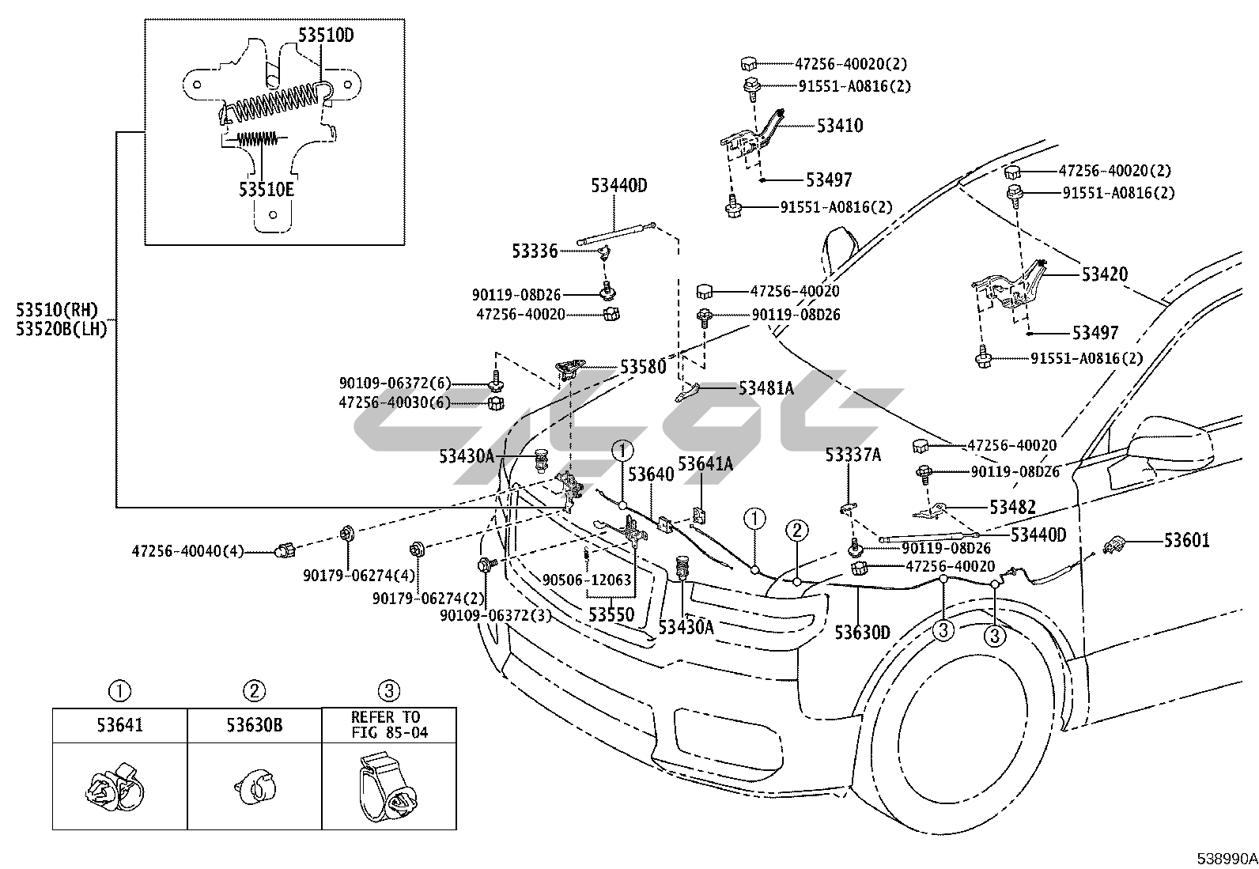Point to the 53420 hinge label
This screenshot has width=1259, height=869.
(x=1105, y=275)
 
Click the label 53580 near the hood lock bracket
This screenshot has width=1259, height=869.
(x=643, y=367)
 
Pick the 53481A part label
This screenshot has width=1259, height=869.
(x=766, y=388)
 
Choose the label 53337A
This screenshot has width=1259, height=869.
(x=853, y=455)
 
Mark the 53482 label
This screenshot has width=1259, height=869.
(x=1012, y=508)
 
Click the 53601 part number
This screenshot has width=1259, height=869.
(x=1187, y=541)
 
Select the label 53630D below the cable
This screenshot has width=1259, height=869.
(x=863, y=633)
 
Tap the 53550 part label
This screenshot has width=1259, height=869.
(x=611, y=614)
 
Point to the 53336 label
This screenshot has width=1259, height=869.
(x=535, y=251)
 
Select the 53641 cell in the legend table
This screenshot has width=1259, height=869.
(x=119, y=724)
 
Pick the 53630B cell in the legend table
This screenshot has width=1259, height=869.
(x=254, y=724)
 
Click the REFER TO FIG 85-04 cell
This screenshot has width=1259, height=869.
(x=388, y=724)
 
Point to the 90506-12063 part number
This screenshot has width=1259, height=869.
(x=587, y=580)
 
